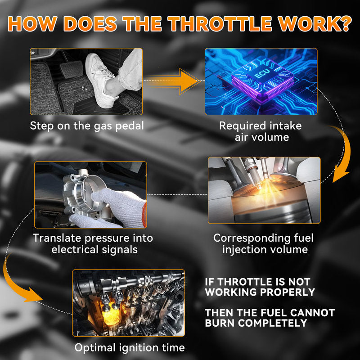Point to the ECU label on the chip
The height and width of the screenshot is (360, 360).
pos(262,73)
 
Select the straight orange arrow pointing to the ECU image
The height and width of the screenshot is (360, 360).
pos(172,81)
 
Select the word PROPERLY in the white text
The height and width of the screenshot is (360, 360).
pos(288,292)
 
